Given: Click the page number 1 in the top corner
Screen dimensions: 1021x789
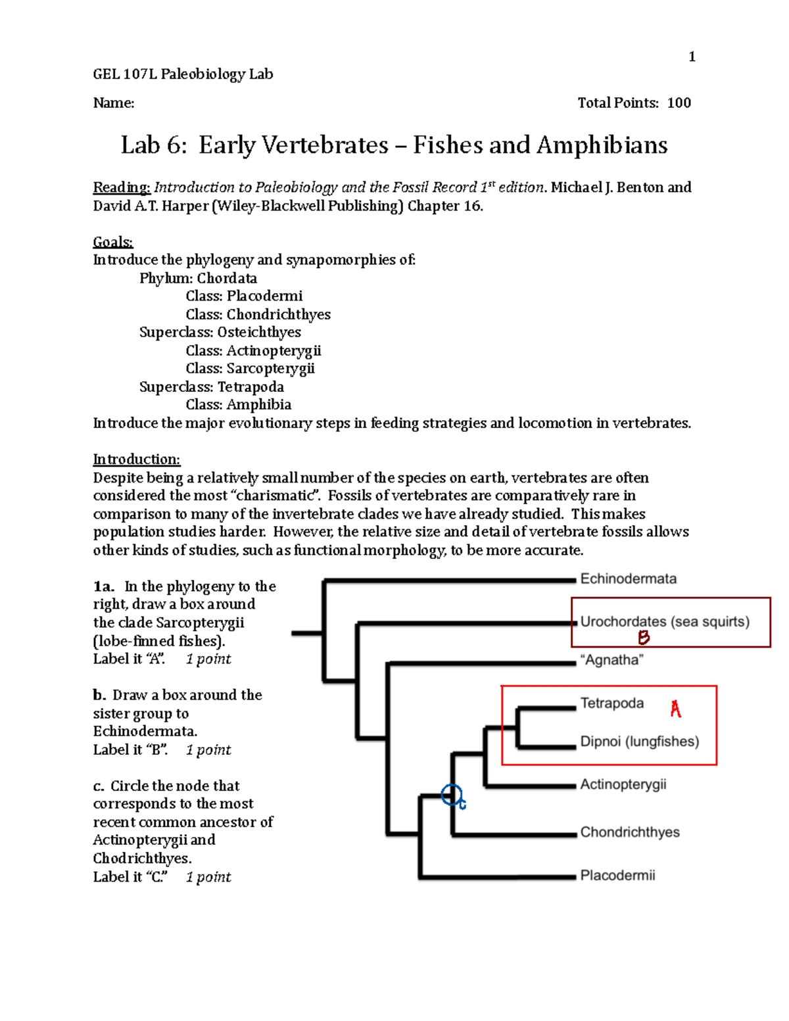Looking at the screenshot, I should [x=692, y=57].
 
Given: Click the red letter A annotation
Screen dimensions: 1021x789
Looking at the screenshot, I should [x=675, y=709].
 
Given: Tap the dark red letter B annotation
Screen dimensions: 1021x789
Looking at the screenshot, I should [x=644, y=637].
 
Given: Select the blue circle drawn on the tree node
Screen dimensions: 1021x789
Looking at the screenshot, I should [x=452, y=795].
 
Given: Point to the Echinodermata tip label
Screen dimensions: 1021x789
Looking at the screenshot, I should [x=628, y=579].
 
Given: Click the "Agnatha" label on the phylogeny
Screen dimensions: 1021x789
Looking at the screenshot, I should [x=611, y=660].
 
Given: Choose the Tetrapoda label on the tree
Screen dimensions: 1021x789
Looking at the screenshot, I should [x=611, y=703].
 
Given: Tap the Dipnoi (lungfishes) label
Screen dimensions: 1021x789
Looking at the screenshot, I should [x=639, y=742].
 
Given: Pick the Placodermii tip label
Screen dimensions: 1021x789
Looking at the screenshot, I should [x=617, y=875].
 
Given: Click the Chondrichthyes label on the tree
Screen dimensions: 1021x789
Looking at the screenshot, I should [x=629, y=832].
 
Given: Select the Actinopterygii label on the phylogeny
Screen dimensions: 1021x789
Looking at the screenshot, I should [x=623, y=784].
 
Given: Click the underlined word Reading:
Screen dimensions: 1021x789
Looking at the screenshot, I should [x=122, y=187].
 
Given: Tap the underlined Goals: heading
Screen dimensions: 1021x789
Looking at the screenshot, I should [x=112, y=242].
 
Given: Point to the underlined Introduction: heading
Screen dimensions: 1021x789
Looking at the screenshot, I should [x=136, y=459].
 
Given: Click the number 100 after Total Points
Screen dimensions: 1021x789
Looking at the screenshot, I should [x=679, y=103].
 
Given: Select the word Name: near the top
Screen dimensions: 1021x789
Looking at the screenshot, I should [x=114, y=103].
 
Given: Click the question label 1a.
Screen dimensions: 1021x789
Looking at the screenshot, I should [x=104, y=586].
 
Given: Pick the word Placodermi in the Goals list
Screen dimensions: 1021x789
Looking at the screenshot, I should [x=264, y=296].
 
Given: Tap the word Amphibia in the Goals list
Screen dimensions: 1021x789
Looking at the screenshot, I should [x=259, y=404].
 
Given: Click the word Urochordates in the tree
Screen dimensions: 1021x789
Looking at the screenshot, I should [x=623, y=621].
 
